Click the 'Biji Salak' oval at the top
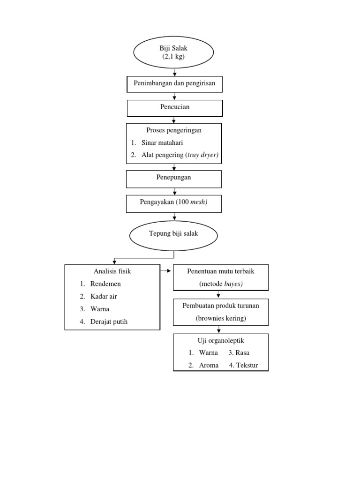[174, 52]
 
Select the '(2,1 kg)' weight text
[174, 57]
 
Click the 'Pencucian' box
[174, 108]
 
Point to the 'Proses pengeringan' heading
[174, 130]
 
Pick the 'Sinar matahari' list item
[163, 142]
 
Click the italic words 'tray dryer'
[202, 155]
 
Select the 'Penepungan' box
[173, 178]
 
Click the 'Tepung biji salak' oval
[173, 233]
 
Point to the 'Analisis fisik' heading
[112, 271]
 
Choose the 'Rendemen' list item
[105, 284]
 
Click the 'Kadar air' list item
[104, 296]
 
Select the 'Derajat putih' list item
[109, 322]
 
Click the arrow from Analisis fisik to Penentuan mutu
[166, 271]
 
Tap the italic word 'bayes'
[233, 284]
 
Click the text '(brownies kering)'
[221, 318]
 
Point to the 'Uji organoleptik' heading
[221, 340]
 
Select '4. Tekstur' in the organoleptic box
[243, 365]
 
